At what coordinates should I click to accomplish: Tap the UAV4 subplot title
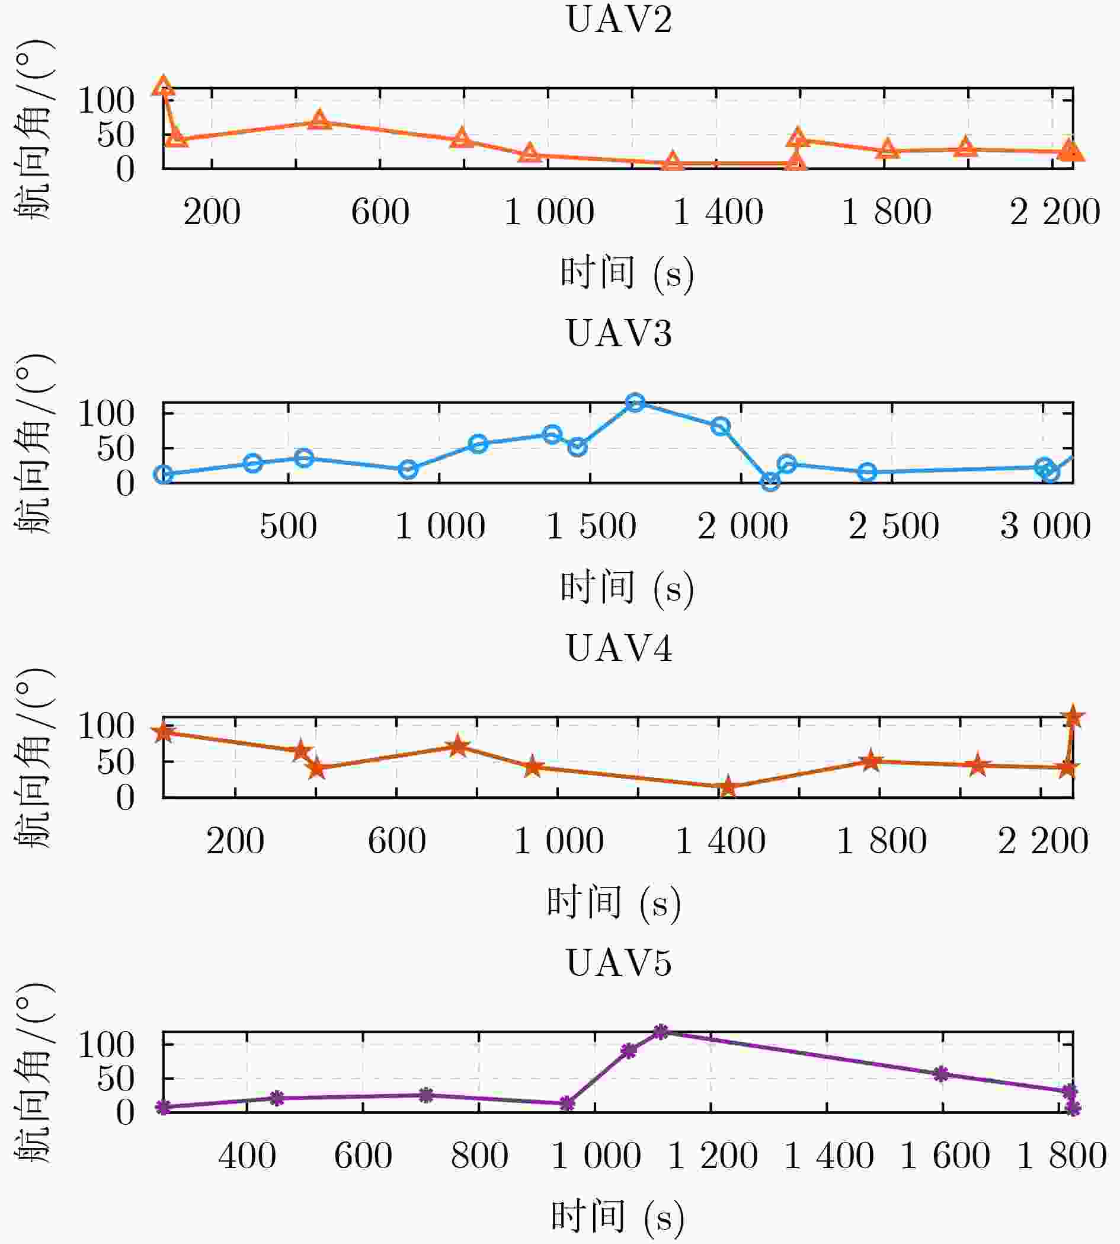[x=619, y=648]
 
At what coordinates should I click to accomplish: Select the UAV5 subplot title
[x=619, y=962]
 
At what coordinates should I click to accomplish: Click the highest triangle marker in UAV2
[x=163, y=85]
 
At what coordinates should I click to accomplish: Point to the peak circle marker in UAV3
[x=635, y=402]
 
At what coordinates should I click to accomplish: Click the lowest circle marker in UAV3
[x=770, y=481]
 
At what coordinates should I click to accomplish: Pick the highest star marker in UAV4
[x=1073, y=716]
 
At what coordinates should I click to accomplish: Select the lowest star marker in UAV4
[x=728, y=786]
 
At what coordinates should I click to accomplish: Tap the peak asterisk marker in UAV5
[x=660, y=1032]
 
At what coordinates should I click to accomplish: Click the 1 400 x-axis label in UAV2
[x=718, y=212]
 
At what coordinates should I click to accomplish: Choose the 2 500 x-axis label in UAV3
[x=894, y=526]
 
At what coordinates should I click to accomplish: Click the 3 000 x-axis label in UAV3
[x=1045, y=526]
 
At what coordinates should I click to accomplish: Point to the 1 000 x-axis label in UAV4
[x=558, y=841]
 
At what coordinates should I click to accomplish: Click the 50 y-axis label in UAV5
[x=116, y=1079]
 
